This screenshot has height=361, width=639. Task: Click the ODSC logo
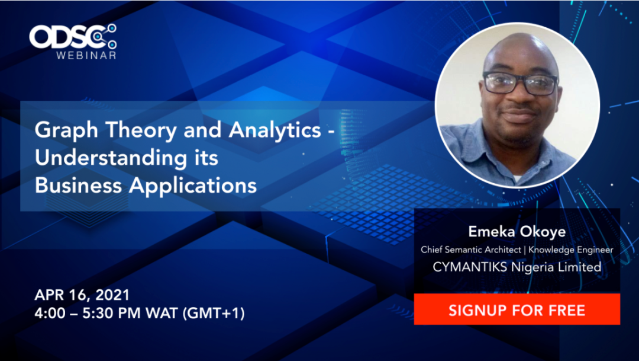(x=73, y=37)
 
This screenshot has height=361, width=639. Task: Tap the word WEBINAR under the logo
(x=86, y=55)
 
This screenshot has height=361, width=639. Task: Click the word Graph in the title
(x=66, y=131)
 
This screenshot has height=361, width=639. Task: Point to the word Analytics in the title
(x=275, y=131)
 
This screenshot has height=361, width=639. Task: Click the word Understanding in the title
(x=111, y=158)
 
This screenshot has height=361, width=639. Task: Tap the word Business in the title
(x=78, y=185)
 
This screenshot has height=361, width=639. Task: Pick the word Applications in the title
(x=193, y=186)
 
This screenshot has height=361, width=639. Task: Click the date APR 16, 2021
(x=82, y=295)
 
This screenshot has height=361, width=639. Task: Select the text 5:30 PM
(x=111, y=313)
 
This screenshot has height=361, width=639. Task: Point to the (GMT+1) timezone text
(x=213, y=313)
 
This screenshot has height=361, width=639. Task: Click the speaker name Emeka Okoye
(x=517, y=232)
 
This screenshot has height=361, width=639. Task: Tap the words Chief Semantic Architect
(x=471, y=250)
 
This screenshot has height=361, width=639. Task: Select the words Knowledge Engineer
(x=570, y=250)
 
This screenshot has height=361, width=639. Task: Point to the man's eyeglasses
(x=521, y=83)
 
